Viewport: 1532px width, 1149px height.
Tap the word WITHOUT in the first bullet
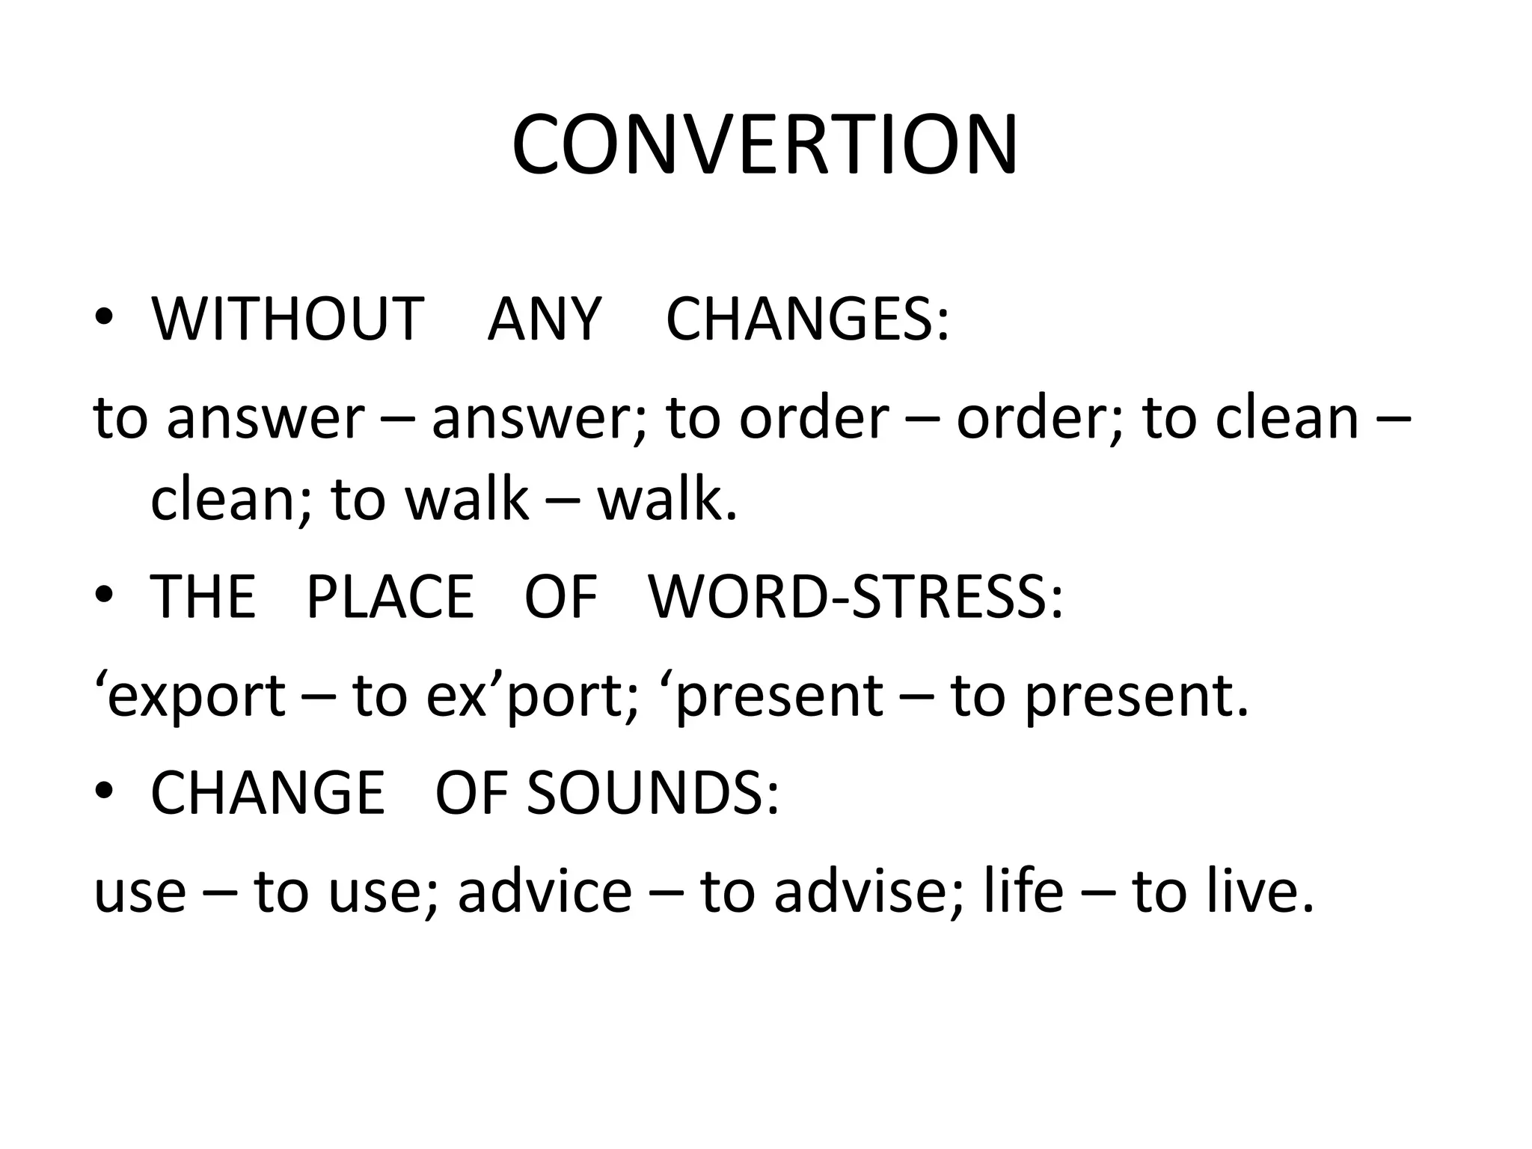[287, 319]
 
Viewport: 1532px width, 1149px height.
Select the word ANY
[544, 319]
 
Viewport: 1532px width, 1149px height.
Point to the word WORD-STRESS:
[855, 597]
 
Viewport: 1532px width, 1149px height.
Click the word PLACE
[390, 597]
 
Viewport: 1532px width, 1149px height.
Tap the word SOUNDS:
[653, 793]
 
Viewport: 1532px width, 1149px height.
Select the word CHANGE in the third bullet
[267, 793]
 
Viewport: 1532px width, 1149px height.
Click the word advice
[545, 892]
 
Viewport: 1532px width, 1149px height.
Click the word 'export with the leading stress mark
[190, 696]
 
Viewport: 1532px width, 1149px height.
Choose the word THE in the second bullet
[203, 597]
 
